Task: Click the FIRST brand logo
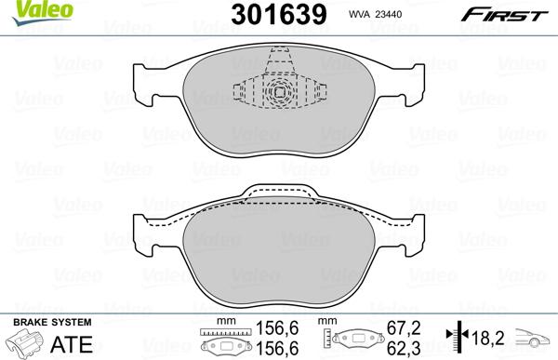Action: tap(513, 13)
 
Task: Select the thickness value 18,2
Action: tap(487, 337)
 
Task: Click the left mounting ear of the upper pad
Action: tap(146, 85)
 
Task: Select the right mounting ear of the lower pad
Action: tap(413, 234)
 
